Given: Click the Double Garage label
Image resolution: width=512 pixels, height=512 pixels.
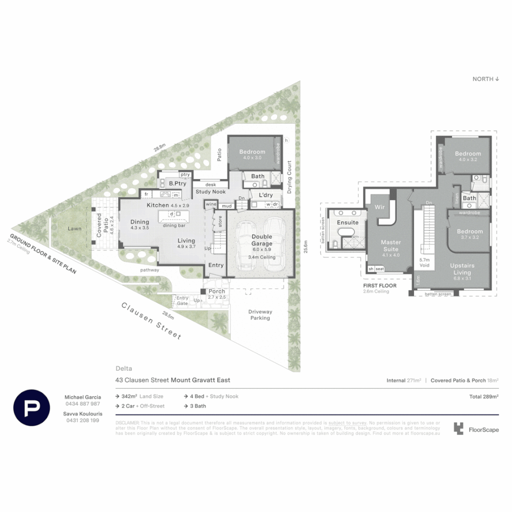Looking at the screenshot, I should pos(261,240).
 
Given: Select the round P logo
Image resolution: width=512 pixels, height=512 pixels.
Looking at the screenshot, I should pos(32,407).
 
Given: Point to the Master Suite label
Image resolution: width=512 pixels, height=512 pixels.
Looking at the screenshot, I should pos(391,246).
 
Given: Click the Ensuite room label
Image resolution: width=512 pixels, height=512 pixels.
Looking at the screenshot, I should pos(347,222).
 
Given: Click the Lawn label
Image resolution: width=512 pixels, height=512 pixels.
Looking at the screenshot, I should pos(74,229).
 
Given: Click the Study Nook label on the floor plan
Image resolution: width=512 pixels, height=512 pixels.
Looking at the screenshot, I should pos(211,192).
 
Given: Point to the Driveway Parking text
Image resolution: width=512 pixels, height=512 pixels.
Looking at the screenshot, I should pos(260,315).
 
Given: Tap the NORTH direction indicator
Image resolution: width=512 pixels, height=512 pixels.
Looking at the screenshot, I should pos(486,79).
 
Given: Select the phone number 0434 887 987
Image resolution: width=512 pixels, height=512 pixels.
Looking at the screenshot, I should pos(83,403).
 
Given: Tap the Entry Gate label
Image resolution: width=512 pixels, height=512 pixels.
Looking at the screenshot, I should pos(183,301).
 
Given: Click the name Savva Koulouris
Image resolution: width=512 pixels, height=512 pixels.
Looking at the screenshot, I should pos(83,413).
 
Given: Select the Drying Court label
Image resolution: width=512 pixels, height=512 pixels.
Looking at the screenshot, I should pos(290,177).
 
